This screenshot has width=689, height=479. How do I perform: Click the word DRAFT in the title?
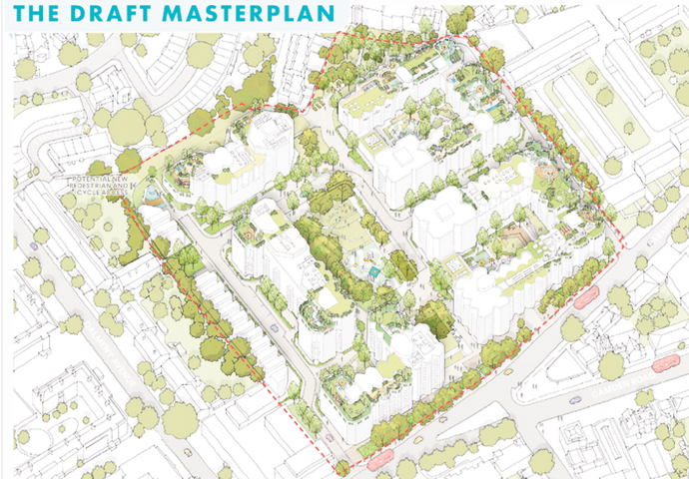click(95, 14)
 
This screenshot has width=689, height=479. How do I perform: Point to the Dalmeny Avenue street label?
click(105, 344)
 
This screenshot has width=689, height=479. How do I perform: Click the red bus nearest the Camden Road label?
click(666, 363)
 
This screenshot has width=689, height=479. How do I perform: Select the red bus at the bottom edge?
click(380, 460)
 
